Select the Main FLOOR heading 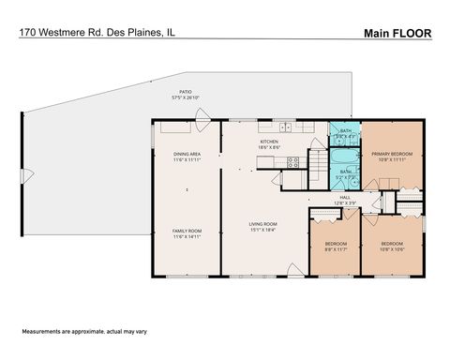pyautogui.click(x=397, y=33)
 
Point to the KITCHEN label pyautogui.click(x=269, y=142)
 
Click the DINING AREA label pyautogui.click(x=187, y=154)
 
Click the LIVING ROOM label pyautogui.click(x=262, y=223)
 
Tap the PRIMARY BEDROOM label pyautogui.click(x=391, y=154)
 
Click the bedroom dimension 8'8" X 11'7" pyautogui.click(x=334, y=248)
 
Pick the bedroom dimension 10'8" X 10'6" pyautogui.click(x=392, y=248)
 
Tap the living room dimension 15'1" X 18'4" pyautogui.click(x=262, y=230)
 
